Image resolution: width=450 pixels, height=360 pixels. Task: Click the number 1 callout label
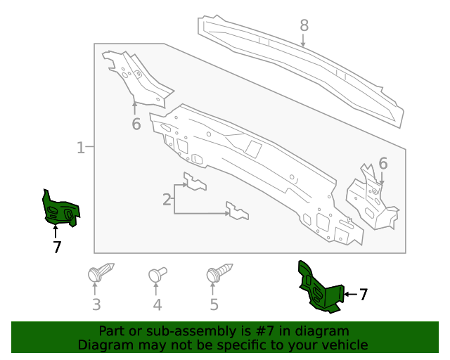tap(80, 148)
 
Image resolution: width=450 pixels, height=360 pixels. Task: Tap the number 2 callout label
tap(167, 200)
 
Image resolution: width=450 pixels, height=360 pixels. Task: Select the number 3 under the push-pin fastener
tap(96, 304)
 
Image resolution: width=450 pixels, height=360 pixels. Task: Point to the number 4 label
tap(157, 304)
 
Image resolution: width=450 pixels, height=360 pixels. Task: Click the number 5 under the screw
tap(214, 304)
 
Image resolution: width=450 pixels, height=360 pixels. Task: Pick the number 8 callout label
tap(304, 26)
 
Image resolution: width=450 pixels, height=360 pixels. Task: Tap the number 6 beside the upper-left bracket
tap(136, 124)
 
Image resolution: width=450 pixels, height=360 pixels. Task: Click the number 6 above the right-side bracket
tap(383, 164)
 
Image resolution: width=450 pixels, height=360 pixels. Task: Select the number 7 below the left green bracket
tap(56, 247)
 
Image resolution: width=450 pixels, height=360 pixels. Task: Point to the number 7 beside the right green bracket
tap(364, 295)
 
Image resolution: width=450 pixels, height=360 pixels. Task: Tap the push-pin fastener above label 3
tap(99, 273)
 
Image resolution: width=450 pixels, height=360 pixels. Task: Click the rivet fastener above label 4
tap(157, 274)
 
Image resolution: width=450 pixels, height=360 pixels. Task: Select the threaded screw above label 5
tap(219, 273)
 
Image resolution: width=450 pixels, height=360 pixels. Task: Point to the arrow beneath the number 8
tap(304, 41)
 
